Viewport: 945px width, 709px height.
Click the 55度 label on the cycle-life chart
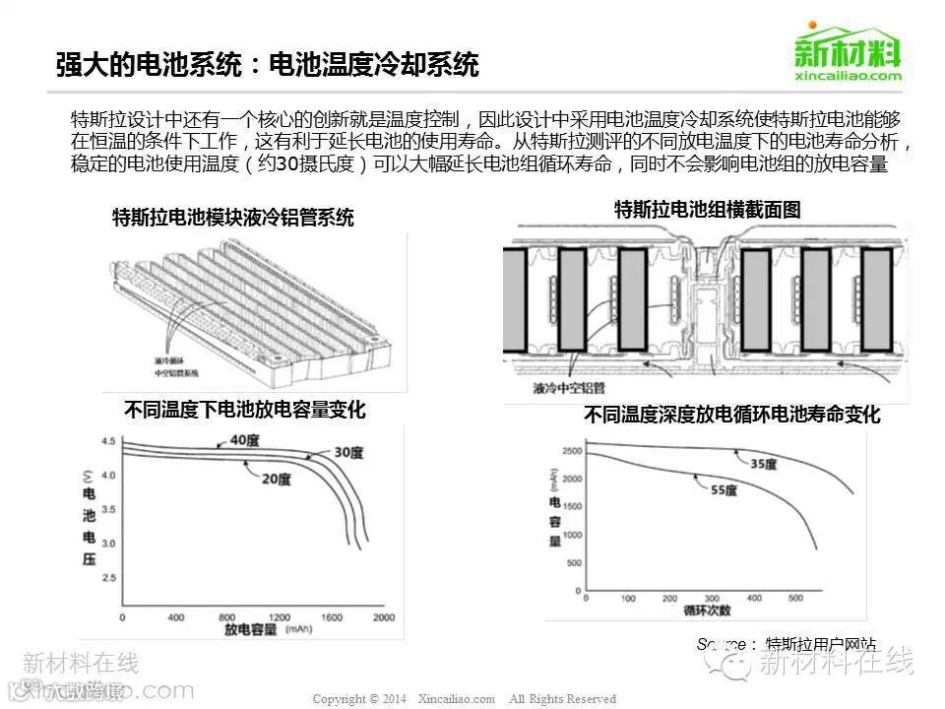pos(724,489)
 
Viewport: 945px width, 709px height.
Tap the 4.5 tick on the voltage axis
pos(108,440)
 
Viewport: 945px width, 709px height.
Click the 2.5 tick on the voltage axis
pos(108,577)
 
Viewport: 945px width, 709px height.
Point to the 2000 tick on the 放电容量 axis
pos(383,617)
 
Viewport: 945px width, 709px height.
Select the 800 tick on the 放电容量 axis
pos(226,617)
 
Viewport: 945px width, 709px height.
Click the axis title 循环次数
pos(707,611)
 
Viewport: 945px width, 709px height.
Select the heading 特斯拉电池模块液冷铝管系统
pos(233,218)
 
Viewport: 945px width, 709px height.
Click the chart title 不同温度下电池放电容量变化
pos(245,410)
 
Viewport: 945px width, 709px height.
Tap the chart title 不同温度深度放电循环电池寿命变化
pos(731,416)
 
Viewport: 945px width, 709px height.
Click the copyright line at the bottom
pos(464,699)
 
